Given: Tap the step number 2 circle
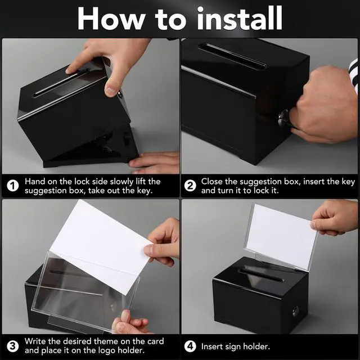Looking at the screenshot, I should point(191,186).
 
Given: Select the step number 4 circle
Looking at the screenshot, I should point(191,346).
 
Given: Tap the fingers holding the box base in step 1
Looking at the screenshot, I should point(154,163).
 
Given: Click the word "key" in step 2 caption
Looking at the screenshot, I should point(348,181).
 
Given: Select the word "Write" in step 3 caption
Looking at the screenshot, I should point(37,341).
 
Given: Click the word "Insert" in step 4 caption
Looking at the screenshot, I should point(214,346).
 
